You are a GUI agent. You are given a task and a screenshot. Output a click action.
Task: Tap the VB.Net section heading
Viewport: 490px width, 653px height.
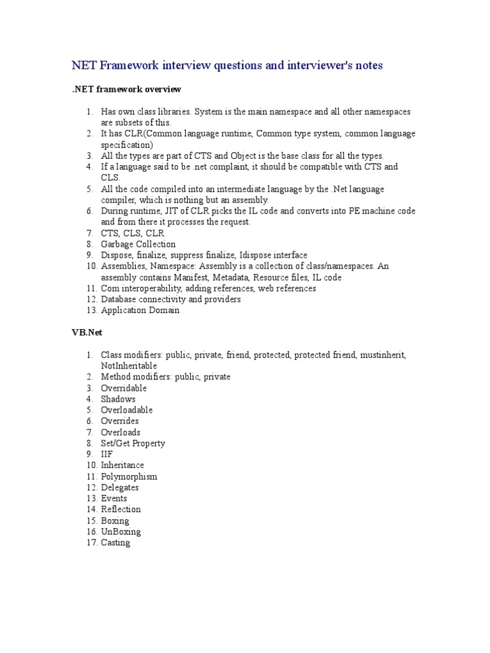85,333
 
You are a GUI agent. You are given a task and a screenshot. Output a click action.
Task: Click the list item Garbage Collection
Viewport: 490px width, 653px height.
138,244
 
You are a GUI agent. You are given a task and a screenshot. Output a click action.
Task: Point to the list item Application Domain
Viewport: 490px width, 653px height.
140,311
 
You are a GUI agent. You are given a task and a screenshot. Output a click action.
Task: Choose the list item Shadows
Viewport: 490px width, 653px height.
118,399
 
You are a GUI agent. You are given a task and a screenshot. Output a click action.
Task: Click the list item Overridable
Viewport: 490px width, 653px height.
124,388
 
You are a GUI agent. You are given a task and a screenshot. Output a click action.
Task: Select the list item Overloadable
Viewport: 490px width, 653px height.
126,410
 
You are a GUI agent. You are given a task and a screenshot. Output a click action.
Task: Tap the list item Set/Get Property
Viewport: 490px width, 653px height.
133,443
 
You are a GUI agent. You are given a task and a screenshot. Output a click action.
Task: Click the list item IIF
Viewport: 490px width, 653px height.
107,454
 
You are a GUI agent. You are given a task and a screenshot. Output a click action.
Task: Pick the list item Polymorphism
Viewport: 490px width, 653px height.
129,476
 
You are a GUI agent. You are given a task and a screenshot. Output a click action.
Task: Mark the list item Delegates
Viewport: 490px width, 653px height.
119,487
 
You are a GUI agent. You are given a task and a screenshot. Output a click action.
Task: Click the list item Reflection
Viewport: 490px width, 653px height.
121,510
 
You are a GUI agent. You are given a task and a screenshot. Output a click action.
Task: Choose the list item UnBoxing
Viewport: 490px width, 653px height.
121,532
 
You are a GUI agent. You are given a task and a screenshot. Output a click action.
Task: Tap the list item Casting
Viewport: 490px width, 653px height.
115,543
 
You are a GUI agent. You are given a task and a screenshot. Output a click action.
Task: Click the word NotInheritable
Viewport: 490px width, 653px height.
128,366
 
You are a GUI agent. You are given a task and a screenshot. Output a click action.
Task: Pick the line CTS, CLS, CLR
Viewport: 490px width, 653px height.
132,233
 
